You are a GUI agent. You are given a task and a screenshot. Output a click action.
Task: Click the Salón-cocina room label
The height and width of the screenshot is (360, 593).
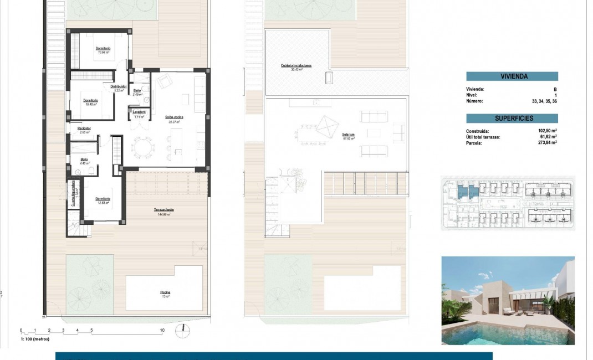click(174, 117)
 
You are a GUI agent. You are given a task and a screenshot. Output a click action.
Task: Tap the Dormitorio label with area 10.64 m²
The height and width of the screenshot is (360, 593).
click(103, 49)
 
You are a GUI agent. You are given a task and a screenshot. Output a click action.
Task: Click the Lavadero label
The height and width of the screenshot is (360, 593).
click(139, 112)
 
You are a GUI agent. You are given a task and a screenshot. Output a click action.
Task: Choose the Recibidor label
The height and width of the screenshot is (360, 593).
click(84, 128)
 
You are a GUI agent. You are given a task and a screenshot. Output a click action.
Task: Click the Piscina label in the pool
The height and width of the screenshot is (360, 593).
click(165, 292)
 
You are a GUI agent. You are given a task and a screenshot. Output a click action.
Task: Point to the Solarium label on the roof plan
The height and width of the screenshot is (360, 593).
click(348, 134)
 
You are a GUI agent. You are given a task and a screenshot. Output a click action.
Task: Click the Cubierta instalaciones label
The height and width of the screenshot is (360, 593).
click(296, 65)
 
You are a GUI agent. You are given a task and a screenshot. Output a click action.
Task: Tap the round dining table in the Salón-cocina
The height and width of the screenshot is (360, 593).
click(141, 147)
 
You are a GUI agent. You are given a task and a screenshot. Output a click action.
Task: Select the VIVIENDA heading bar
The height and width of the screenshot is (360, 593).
click(512, 76)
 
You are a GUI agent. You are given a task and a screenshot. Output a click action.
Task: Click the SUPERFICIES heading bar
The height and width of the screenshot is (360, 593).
click(512, 118)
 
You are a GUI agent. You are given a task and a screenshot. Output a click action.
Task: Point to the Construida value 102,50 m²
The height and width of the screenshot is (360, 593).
click(546, 131)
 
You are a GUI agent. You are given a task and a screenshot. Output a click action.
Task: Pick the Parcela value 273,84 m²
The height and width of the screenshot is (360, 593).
click(546, 142)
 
